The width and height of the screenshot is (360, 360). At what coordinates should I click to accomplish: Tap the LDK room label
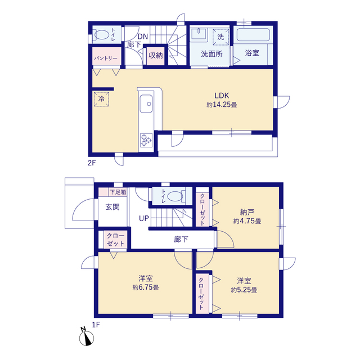click(222, 96)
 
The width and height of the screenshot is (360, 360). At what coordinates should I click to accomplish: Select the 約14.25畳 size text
click(222, 105)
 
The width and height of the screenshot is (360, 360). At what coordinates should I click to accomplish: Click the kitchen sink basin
click(146, 103)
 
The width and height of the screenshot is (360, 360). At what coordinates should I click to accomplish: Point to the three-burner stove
click(146, 140)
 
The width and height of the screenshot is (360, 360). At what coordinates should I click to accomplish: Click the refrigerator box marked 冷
click(101, 99)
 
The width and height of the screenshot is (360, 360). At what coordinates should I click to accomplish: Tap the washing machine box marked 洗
click(220, 37)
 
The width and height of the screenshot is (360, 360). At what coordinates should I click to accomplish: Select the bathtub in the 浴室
click(253, 35)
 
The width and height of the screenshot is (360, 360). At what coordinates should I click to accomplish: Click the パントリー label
click(106, 58)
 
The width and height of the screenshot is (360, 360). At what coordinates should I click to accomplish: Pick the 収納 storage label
click(155, 55)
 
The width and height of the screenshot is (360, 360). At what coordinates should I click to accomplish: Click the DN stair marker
click(142, 37)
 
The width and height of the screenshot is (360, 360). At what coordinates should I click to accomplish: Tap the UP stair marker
click(144, 218)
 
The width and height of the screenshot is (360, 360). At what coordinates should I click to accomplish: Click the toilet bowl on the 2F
click(102, 35)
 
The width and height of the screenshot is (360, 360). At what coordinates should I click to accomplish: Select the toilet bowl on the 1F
click(175, 196)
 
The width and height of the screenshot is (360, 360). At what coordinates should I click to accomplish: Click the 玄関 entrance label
click(112, 207)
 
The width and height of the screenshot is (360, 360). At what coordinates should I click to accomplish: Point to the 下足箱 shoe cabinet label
click(118, 192)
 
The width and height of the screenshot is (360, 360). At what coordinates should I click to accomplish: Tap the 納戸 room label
click(247, 211)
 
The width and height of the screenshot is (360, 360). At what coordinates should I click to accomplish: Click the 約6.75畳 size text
click(146, 287)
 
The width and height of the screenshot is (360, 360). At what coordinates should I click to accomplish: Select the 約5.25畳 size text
click(244, 290)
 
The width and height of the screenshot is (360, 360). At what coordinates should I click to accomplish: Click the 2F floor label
click(92, 163)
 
